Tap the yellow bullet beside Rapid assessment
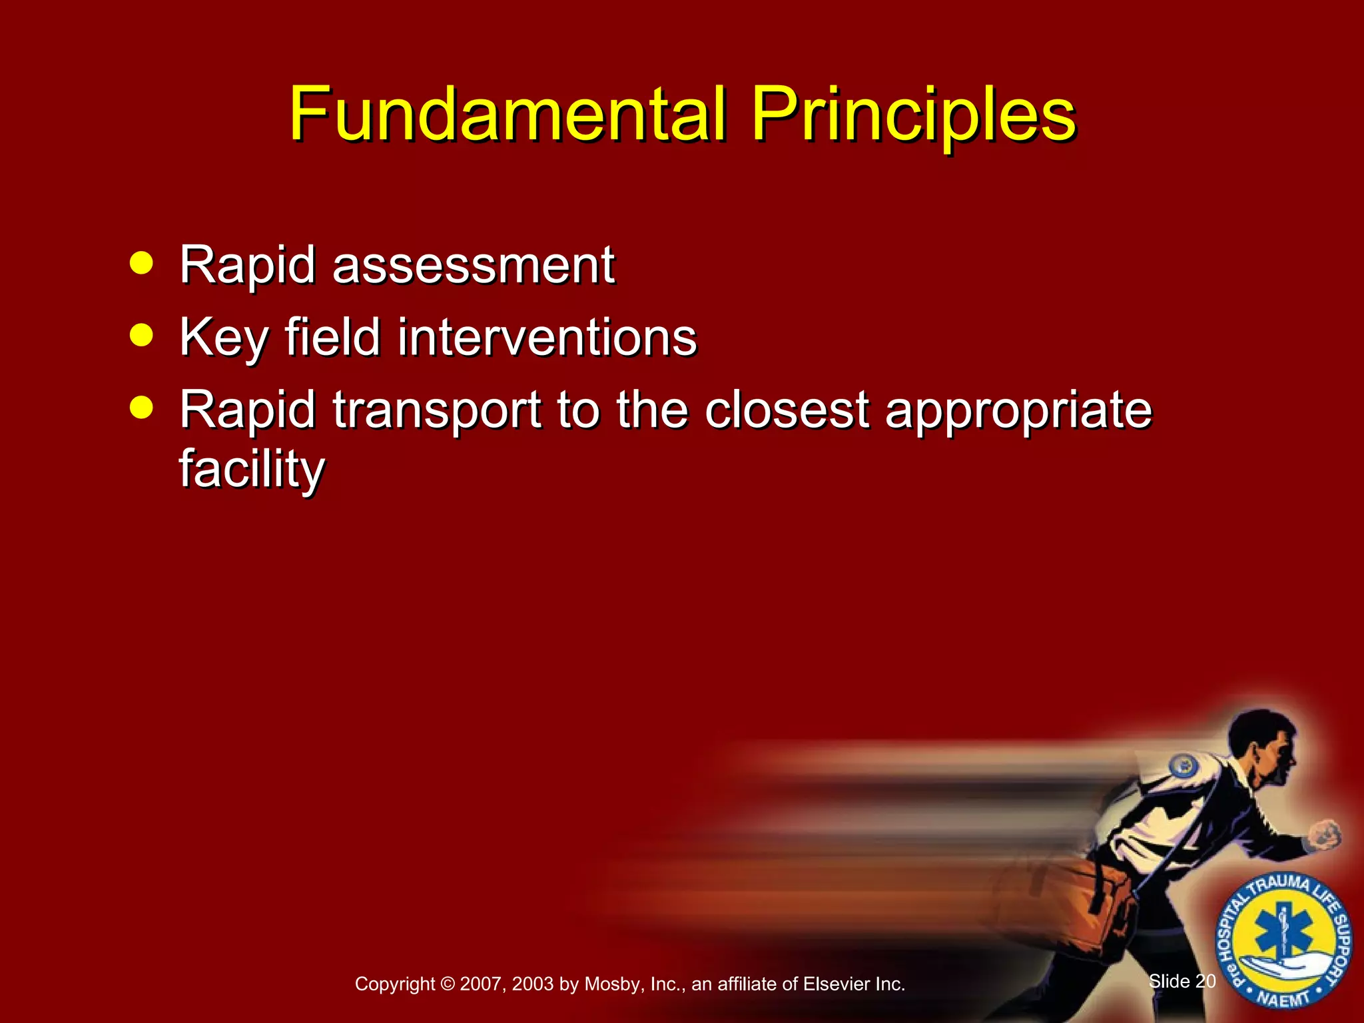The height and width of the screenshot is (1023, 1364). (x=141, y=262)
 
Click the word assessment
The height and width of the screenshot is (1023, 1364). (x=473, y=265)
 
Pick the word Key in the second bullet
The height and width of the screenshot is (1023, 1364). (x=223, y=337)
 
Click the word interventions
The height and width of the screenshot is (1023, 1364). (x=546, y=337)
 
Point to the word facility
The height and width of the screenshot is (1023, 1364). (x=252, y=469)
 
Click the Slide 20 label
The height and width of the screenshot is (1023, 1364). (x=1182, y=981)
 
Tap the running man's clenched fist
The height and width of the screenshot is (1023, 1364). (x=1325, y=834)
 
